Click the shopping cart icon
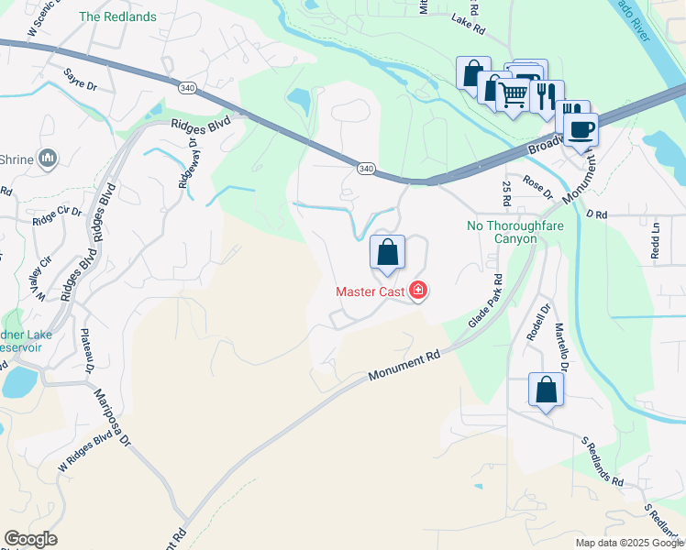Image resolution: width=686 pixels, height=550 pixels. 513,92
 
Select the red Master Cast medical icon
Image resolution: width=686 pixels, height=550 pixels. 419,291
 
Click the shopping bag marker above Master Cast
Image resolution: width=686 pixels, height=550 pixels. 388,251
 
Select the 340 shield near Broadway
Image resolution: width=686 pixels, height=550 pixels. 366,168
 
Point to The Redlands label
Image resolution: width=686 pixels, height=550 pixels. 117,16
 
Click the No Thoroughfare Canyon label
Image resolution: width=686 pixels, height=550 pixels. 502,232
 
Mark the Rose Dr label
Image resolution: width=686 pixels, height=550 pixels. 537,187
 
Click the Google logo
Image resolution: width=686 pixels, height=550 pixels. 30,539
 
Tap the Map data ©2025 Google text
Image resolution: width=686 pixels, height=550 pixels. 628,543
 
